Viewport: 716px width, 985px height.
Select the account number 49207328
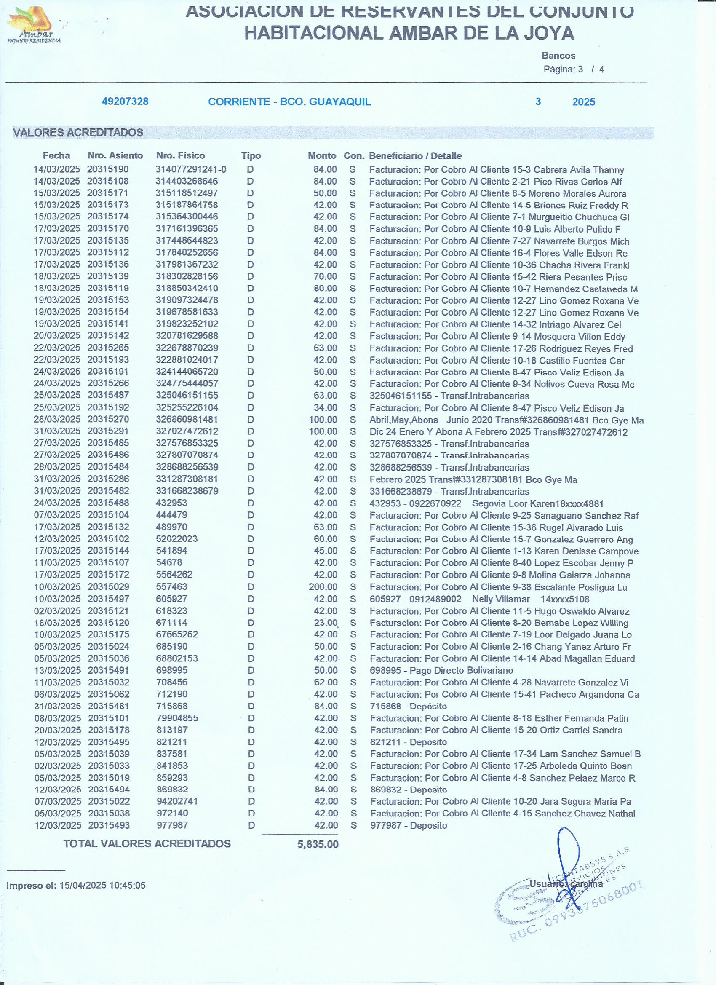tap(125, 102)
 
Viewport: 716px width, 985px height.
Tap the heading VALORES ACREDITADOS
tap(78, 133)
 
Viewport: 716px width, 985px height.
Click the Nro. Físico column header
tap(180, 155)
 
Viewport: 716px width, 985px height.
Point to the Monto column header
tap(322, 155)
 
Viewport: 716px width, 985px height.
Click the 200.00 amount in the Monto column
tap(323, 587)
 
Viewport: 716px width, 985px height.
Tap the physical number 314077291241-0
tap(191, 169)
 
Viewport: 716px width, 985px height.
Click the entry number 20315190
tap(108, 169)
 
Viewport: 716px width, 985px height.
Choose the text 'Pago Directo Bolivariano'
tap(461, 671)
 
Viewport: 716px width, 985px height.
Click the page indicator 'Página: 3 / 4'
tap(573, 70)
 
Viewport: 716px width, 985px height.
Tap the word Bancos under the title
tap(558, 56)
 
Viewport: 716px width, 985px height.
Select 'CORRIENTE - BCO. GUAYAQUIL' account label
tap(289, 102)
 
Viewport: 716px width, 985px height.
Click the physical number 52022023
tap(176, 539)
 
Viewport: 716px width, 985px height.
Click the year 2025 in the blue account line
tap(584, 102)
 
